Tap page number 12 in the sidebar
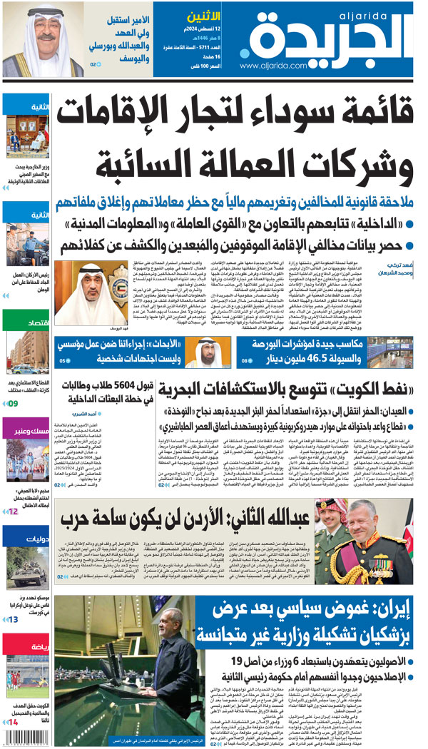(14, 511)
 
